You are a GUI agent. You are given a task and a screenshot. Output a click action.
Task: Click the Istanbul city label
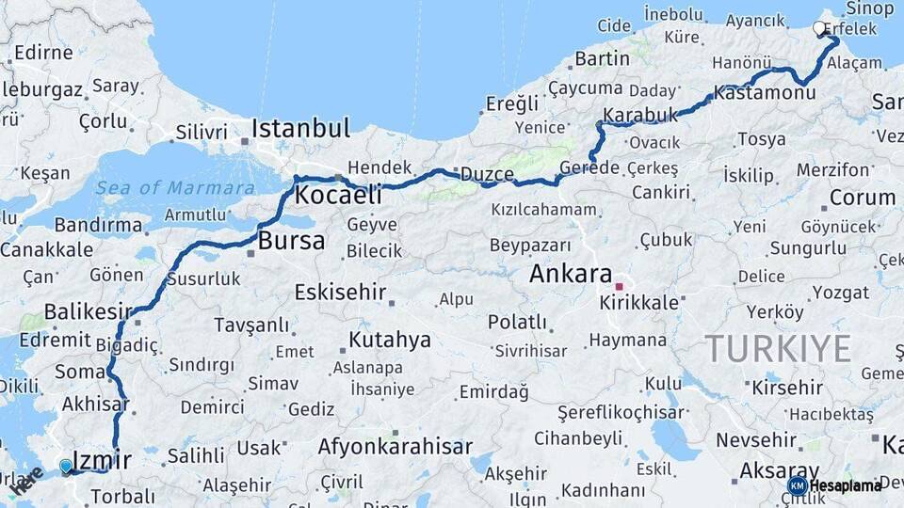pos(300,128)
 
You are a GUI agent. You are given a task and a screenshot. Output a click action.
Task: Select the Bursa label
pos(291,241)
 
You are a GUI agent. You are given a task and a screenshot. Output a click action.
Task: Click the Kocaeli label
pos(338,196)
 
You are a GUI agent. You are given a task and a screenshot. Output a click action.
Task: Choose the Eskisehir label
pos(340,292)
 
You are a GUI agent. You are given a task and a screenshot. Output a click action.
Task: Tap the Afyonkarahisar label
pos(395,447)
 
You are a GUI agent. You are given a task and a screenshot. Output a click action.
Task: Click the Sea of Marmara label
pos(174,188)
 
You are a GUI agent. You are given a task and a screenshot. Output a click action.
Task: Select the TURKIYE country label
pos(778,349)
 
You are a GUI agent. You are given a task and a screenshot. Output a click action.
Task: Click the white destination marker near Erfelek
pos(819,29)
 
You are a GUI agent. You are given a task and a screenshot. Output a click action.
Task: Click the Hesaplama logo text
pos(845,486)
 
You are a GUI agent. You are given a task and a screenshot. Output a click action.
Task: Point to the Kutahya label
pos(389,340)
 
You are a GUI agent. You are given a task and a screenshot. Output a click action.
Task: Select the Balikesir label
pos(88,311)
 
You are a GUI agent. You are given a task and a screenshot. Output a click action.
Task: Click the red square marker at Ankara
pos(620,286)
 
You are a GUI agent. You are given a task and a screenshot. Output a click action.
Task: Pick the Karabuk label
pos(640,117)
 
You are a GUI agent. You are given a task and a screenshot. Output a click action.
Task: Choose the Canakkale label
pos(46,250)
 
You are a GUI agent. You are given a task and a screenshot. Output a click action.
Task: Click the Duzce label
pos(487,175)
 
